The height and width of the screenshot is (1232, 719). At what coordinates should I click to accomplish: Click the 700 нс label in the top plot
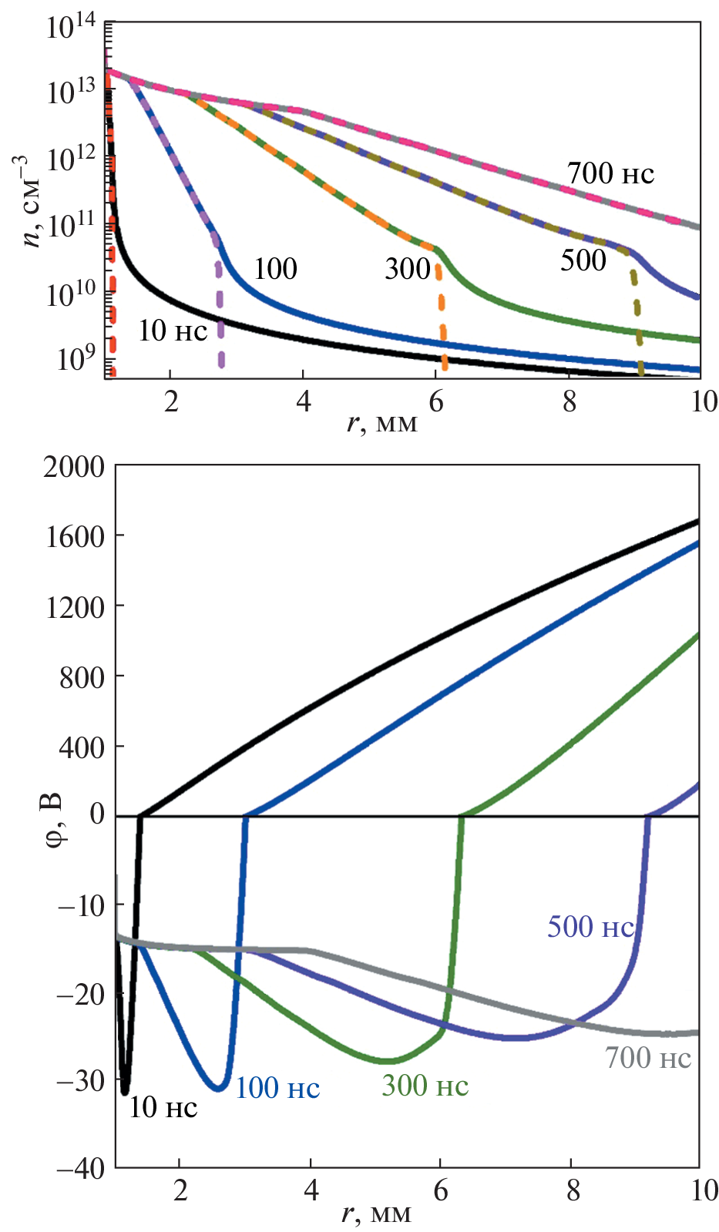click(x=610, y=174)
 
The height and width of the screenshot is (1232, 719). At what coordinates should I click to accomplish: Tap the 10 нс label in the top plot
click(x=173, y=331)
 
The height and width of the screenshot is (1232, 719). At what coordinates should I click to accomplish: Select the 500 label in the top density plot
click(x=583, y=260)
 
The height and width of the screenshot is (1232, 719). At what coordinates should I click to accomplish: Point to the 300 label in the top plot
click(x=408, y=269)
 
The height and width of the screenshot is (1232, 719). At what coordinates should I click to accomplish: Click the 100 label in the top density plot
click(x=275, y=269)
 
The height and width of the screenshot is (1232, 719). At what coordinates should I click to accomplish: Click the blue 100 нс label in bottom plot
click(x=277, y=1087)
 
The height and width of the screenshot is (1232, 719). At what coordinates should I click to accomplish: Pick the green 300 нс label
click(x=425, y=1086)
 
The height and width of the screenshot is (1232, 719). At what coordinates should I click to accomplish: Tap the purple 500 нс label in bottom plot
click(x=590, y=927)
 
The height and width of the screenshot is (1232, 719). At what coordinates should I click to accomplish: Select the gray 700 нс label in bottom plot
click(x=648, y=1058)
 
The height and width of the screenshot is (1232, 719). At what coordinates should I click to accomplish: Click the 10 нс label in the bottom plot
click(x=163, y=1107)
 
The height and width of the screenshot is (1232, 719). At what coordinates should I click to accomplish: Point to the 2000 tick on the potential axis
click(x=74, y=466)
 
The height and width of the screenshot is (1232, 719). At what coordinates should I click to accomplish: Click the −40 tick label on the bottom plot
click(x=80, y=1168)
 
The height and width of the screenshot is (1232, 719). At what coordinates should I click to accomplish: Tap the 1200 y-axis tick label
click(x=74, y=607)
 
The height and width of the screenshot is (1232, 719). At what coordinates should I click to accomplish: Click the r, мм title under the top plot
click(x=382, y=422)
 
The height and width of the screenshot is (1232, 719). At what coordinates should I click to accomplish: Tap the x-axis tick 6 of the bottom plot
click(x=441, y=1190)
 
